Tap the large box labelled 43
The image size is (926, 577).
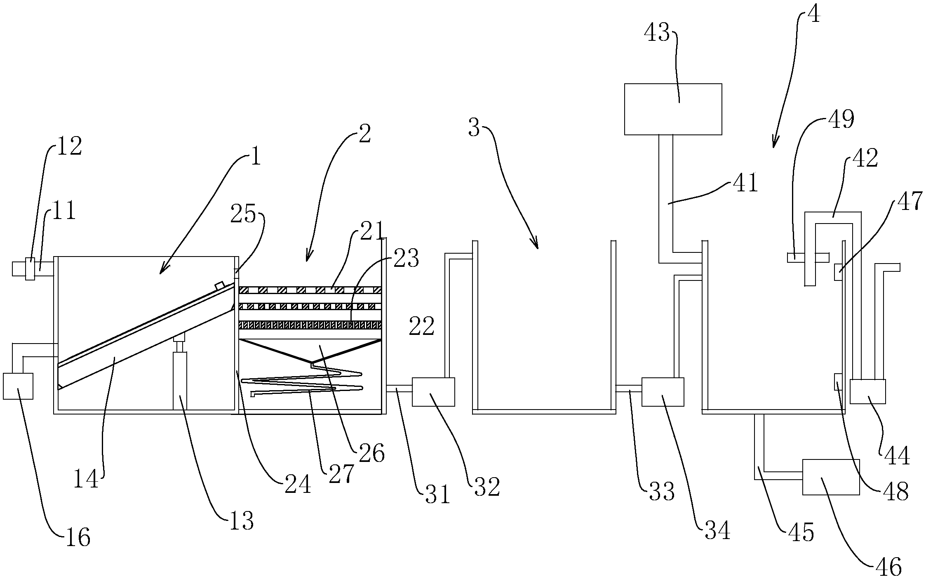(x=673, y=109)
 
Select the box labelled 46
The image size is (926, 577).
(x=831, y=477)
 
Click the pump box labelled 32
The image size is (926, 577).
(x=433, y=391)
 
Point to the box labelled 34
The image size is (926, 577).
(x=663, y=391)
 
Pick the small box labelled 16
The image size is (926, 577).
(x=18, y=386)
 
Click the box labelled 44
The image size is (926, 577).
(x=868, y=391)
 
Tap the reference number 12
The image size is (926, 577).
(x=69, y=146)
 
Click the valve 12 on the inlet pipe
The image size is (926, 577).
(x=30, y=268)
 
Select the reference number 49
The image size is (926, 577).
(x=841, y=119)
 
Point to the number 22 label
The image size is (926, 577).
(x=422, y=327)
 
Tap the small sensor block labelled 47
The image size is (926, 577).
(x=838, y=272)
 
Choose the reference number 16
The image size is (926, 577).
(x=77, y=537)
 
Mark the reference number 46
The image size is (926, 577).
(x=889, y=566)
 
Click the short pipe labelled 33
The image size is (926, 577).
(x=629, y=388)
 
